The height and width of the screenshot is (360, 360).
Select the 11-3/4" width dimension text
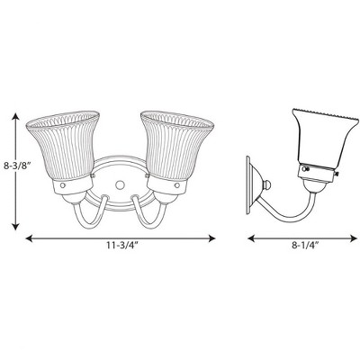click(x=120, y=254)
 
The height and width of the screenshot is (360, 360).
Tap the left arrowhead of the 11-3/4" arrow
click(x=28, y=238)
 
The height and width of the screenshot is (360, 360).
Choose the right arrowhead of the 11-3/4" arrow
click(x=214, y=238)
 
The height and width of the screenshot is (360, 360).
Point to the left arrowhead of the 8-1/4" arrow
click(x=250, y=238)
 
